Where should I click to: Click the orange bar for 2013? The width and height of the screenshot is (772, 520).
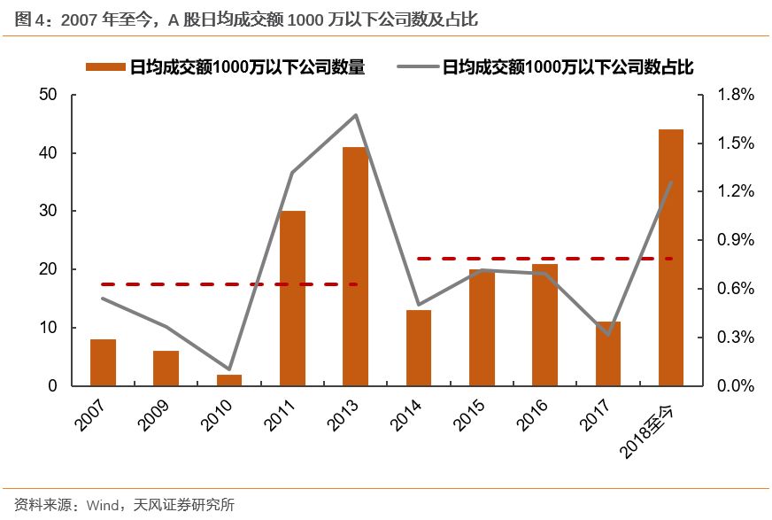[x=355, y=266]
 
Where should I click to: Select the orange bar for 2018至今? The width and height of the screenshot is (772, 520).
[x=671, y=257]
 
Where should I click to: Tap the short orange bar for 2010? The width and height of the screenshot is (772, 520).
[x=228, y=380]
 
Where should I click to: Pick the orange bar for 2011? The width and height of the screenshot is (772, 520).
[x=292, y=298]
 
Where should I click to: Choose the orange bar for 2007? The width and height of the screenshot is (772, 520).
[x=103, y=362]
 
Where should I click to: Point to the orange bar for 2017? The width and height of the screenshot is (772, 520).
[x=608, y=353]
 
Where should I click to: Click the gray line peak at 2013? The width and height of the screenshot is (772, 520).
[x=355, y=115]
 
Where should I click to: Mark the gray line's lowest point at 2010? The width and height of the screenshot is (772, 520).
[x=229, y=369]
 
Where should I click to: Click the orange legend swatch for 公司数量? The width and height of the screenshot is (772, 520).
[x=105, y=65]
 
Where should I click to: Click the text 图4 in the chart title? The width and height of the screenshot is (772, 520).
[x=30, y=19]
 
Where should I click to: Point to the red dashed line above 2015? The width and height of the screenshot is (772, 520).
[x=482, y=259]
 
